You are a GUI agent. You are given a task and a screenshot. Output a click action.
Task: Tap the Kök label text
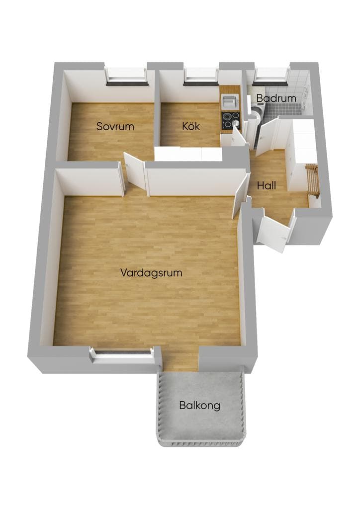tap(191, 126)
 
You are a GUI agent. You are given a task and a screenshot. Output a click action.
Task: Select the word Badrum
tap(276, 98)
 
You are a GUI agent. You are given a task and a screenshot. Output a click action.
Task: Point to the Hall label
tap(267, 186)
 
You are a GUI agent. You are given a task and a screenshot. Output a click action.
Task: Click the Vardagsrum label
tap(151, 272)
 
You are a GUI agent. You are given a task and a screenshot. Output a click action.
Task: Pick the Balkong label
tap(199, 406)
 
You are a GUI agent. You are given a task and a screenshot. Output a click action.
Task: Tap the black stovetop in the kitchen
tap(231, 120)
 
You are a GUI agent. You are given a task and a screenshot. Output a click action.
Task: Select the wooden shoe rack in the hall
tap(313, 180)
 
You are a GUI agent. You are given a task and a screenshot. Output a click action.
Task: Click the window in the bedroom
tap(127, 77)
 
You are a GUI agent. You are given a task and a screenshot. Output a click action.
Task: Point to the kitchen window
tap(200, 77)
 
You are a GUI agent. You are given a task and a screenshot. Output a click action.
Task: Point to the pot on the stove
tap(236, 123)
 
